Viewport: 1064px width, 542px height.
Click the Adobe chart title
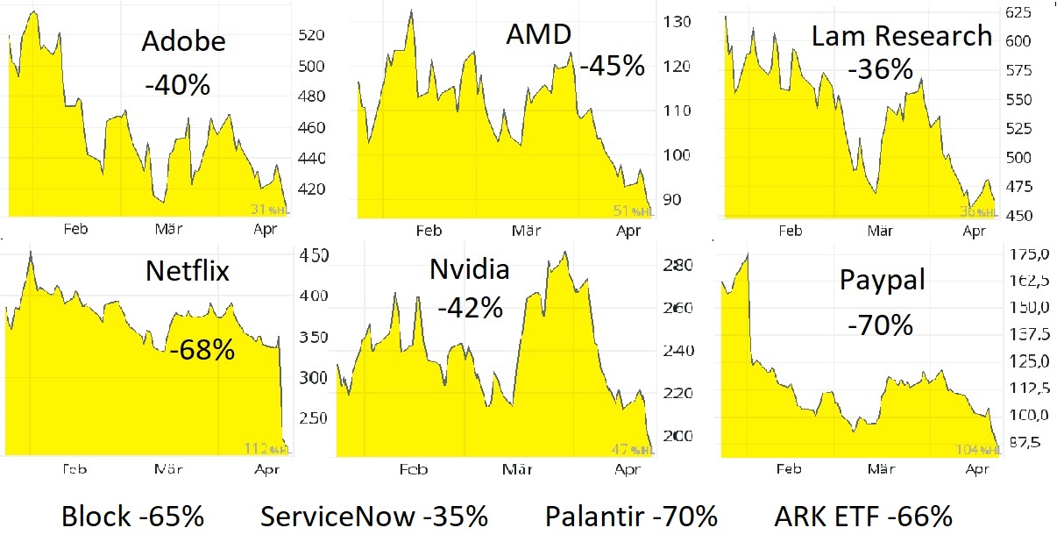(x=183, y=41)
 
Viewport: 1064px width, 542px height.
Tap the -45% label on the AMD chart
(x=612, y=65)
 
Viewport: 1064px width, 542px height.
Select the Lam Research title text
(x=901, y=36)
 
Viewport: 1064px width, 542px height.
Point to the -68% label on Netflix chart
(x=202, y=350)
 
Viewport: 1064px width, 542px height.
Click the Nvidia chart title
(x=469, y=270)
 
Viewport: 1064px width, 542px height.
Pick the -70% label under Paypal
(x=880, y=324)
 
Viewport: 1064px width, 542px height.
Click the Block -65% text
(x=132, y=517)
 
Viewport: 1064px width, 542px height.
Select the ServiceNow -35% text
(x=374, y=517)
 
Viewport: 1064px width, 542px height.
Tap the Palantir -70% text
(x=631, y=517)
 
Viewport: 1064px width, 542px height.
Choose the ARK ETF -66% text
(x=863, y=517)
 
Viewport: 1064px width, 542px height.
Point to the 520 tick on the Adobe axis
(x=311, y=36)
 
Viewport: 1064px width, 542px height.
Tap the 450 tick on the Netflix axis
(x=314, y=255)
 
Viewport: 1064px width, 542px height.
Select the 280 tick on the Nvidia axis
(x=678, y=266)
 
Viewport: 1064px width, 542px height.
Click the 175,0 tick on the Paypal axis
(x=1030, y=254)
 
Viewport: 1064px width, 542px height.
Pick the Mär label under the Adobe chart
(x=167, y=229)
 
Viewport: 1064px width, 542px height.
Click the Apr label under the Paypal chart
(x=975, y=469)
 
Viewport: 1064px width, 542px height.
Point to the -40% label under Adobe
(x=177, y=84)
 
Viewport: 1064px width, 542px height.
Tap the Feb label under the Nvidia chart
(x=414, y=469)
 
